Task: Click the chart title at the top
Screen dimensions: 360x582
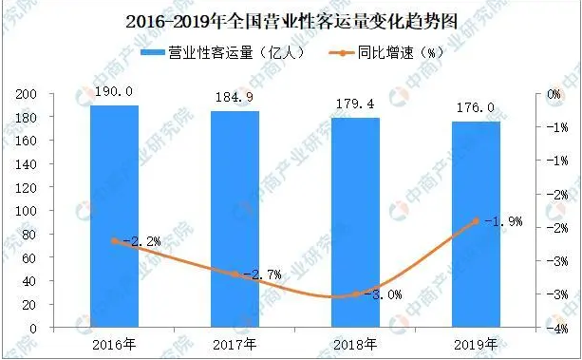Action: tap(291, 19)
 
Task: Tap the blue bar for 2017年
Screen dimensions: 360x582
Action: tap(235, 219)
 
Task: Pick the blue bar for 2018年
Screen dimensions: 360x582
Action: tap(355, 222)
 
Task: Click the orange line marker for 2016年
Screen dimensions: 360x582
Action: tap(114, 241)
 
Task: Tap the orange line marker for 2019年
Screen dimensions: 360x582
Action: tap(476, 221)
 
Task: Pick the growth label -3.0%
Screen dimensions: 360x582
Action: tap(378, 295)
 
